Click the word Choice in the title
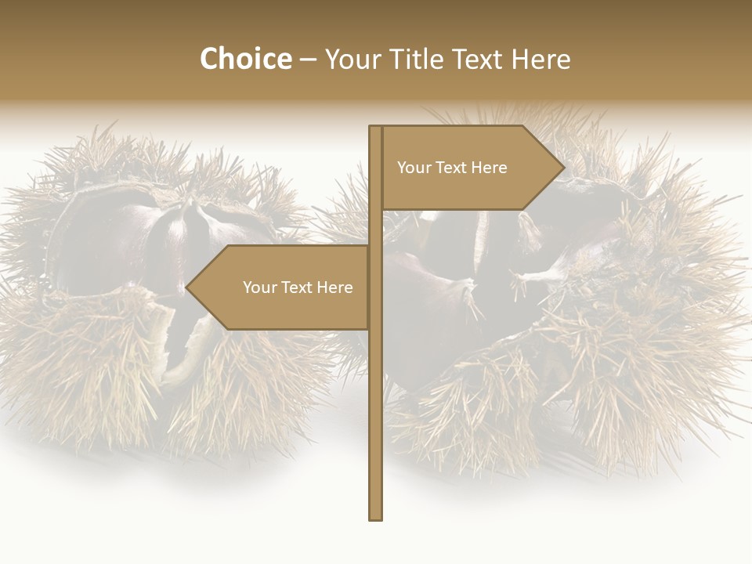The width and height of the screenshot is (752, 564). click(x=245, y=59)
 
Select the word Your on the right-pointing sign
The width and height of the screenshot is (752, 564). click(x=413, y=168)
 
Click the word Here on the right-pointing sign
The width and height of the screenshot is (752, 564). click(x=489, y=168)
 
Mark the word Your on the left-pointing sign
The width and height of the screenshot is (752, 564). click(x=258, y=287)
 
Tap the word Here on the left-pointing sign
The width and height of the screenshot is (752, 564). click(x=334, y=287)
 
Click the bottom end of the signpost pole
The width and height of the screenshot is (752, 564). click(x=376, y=518)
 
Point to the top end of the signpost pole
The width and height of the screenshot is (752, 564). click(x=376, y=128)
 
